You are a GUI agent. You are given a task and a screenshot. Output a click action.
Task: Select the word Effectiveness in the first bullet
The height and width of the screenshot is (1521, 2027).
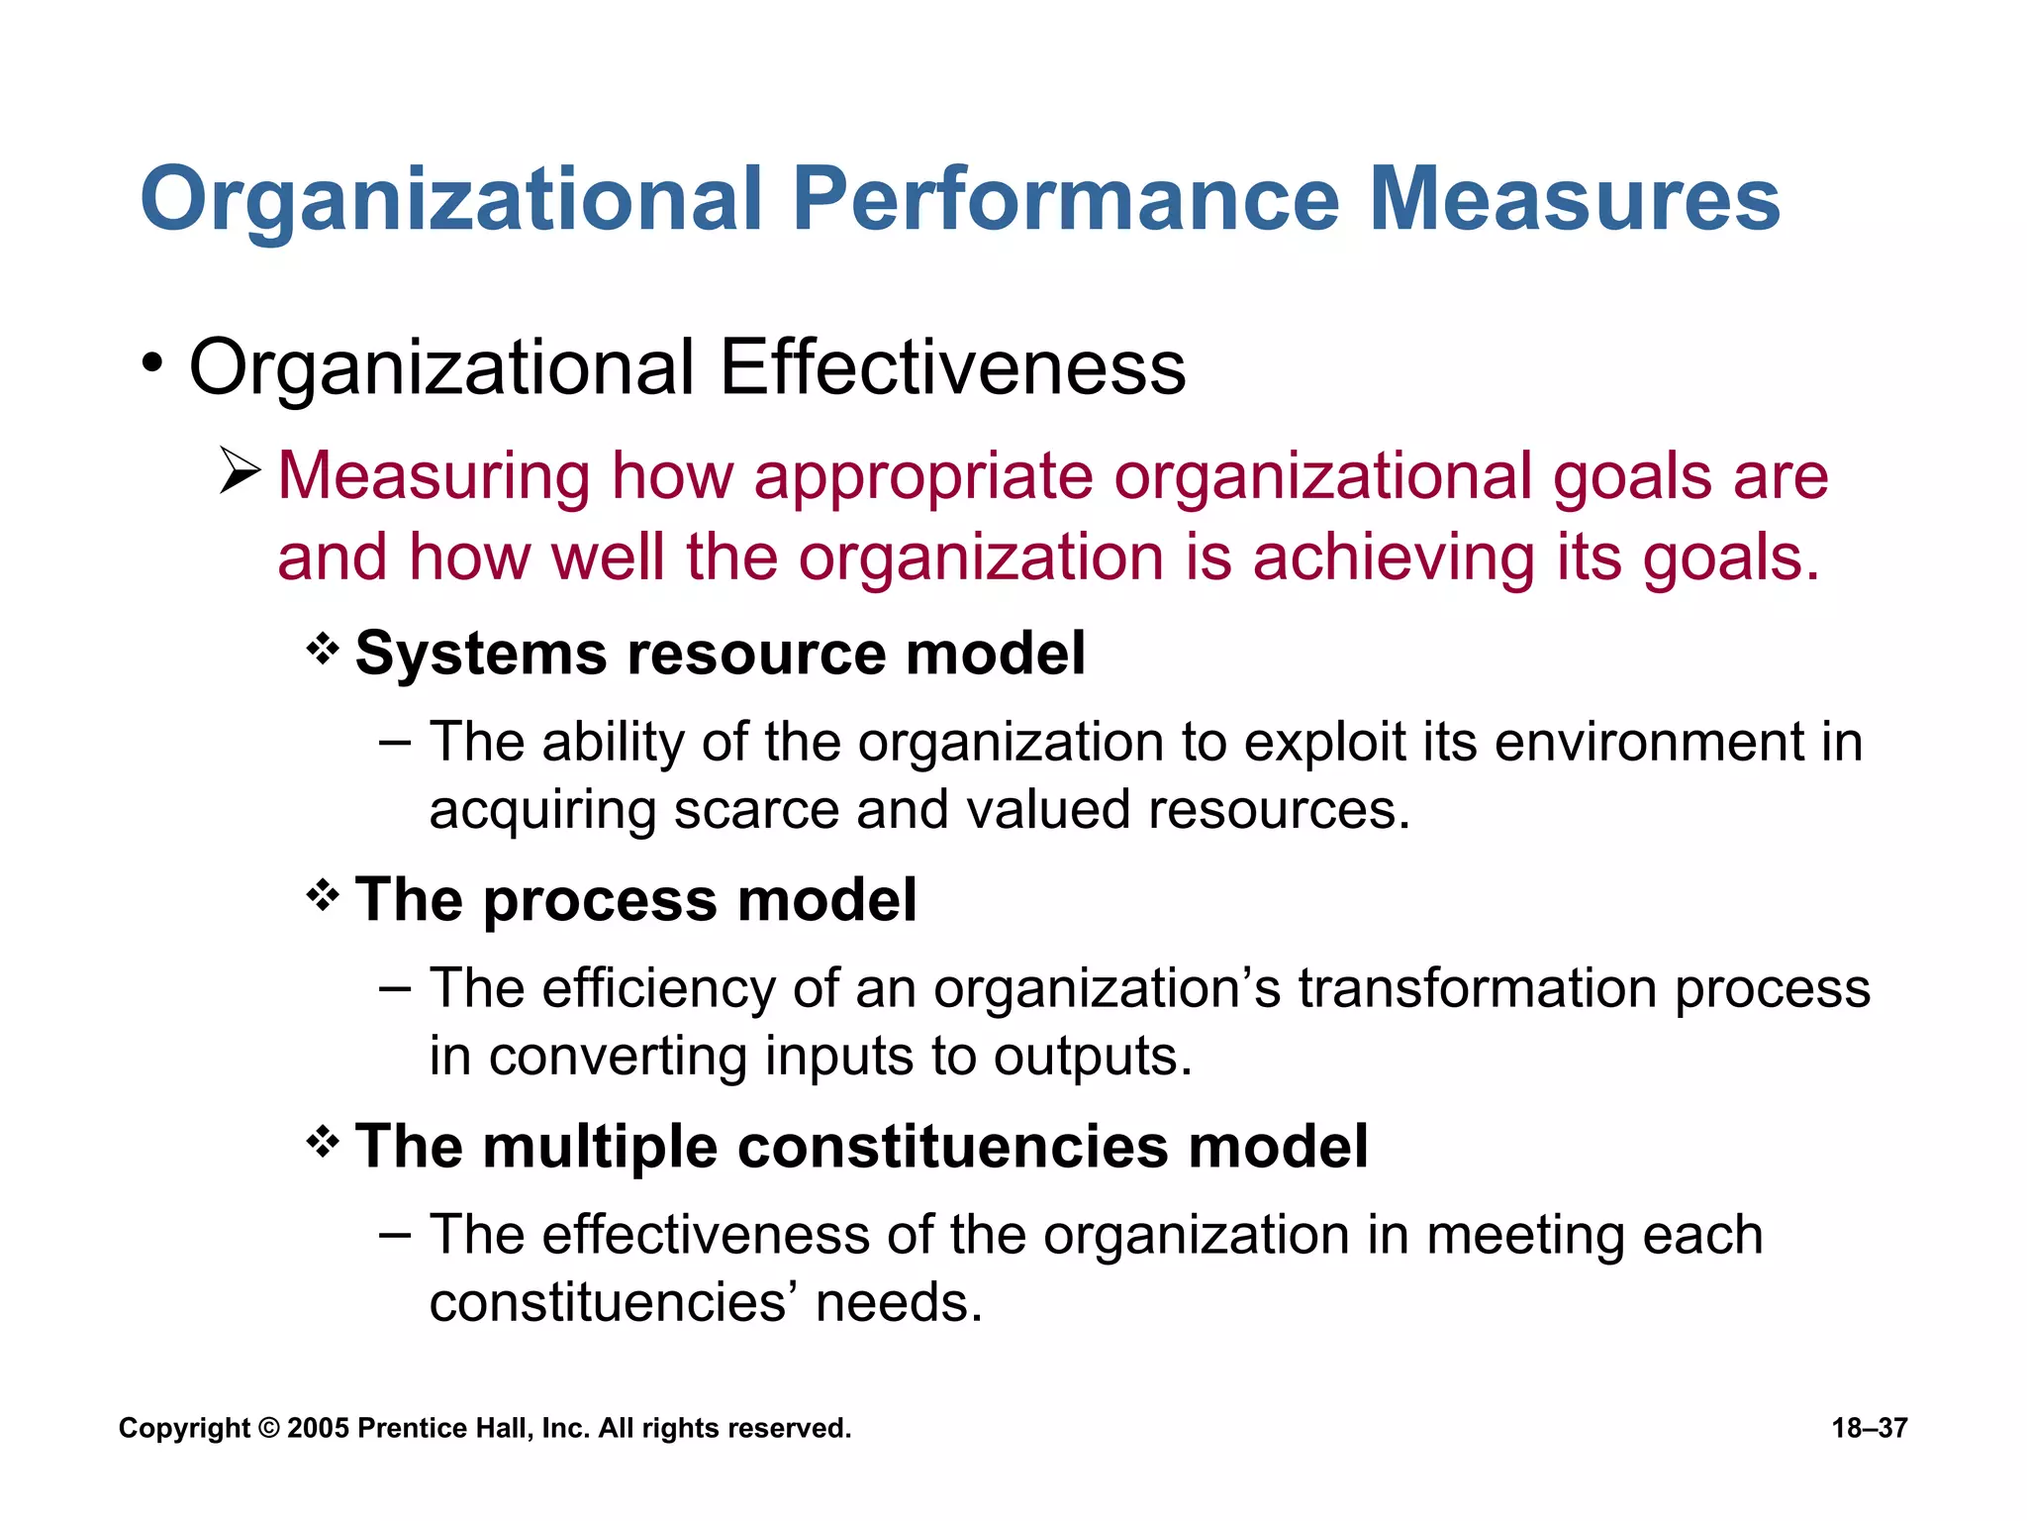[x=952, y=368]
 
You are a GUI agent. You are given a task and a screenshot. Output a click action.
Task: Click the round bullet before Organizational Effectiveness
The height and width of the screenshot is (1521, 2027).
[x=151, y=363]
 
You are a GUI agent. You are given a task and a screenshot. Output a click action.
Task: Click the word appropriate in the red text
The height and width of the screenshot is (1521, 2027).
[x=923, y=477]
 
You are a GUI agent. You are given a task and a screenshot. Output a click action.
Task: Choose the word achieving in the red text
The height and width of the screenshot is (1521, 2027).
[x=1393, y=558]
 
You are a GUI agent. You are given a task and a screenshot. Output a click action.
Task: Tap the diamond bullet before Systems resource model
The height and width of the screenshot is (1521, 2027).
[x=323, y=651]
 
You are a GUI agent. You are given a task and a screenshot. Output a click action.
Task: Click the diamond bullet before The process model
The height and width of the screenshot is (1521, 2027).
[x=323, y=897]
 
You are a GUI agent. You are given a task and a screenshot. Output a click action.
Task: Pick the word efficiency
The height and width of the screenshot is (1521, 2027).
[x=657, y=988]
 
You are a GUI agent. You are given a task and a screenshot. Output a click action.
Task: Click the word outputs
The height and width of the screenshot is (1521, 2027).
[x=1093, y=1057]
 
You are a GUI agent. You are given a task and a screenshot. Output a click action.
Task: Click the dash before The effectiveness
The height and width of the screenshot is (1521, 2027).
[x=395, y=1235]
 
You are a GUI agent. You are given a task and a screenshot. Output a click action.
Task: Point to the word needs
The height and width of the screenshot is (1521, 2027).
[x=899, y=1302]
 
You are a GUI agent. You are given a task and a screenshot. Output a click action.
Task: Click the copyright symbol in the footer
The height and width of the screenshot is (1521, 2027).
[x=268, y=1428]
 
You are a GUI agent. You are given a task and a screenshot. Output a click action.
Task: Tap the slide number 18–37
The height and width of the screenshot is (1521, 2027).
[x=1869, y=1428]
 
